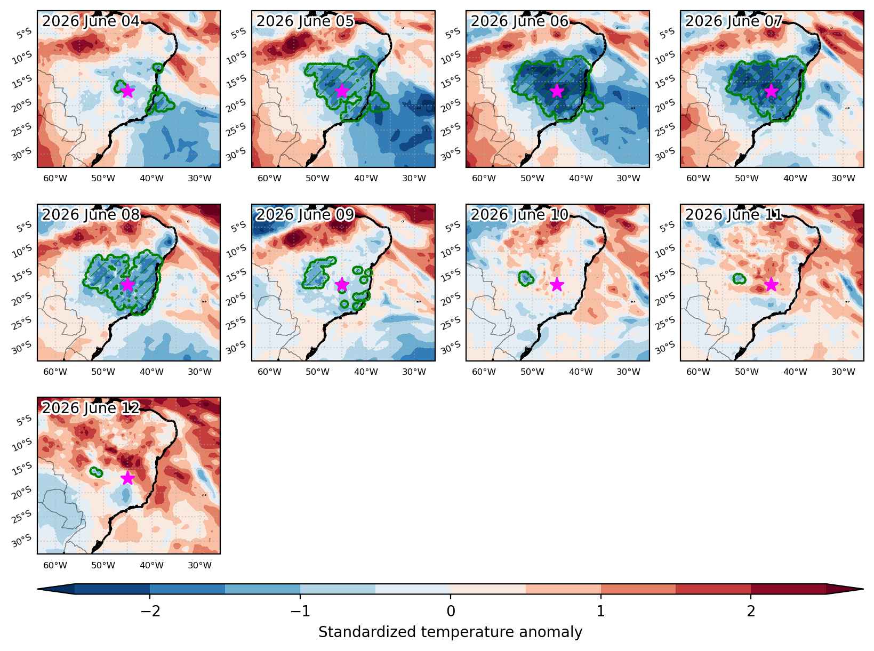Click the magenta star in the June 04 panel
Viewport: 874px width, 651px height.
(x=127, y=91)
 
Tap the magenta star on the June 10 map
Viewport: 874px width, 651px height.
(x=556, y=284)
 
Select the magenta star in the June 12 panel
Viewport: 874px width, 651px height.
(x=127, y=478)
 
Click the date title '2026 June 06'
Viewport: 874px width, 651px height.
(x=519, y=21)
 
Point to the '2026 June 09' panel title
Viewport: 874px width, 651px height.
(x=305, y=215)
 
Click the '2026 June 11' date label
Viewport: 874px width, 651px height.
(x=734, y=215)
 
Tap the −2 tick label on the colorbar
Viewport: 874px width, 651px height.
(x=150, y=611)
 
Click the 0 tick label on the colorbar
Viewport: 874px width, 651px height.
(x=451, y=611)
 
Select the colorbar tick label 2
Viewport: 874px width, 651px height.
(x=751, y=611)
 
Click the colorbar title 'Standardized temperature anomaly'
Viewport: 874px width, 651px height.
(x=450, y=632)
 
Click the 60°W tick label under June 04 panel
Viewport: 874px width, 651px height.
(x=55, y=179)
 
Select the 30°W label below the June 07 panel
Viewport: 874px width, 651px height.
(x=843, y=179)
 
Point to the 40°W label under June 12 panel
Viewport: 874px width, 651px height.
(x=151, y=565)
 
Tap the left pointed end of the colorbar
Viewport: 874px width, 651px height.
(x=38, y=589)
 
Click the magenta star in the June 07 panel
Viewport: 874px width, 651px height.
(x=771, y=91)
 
